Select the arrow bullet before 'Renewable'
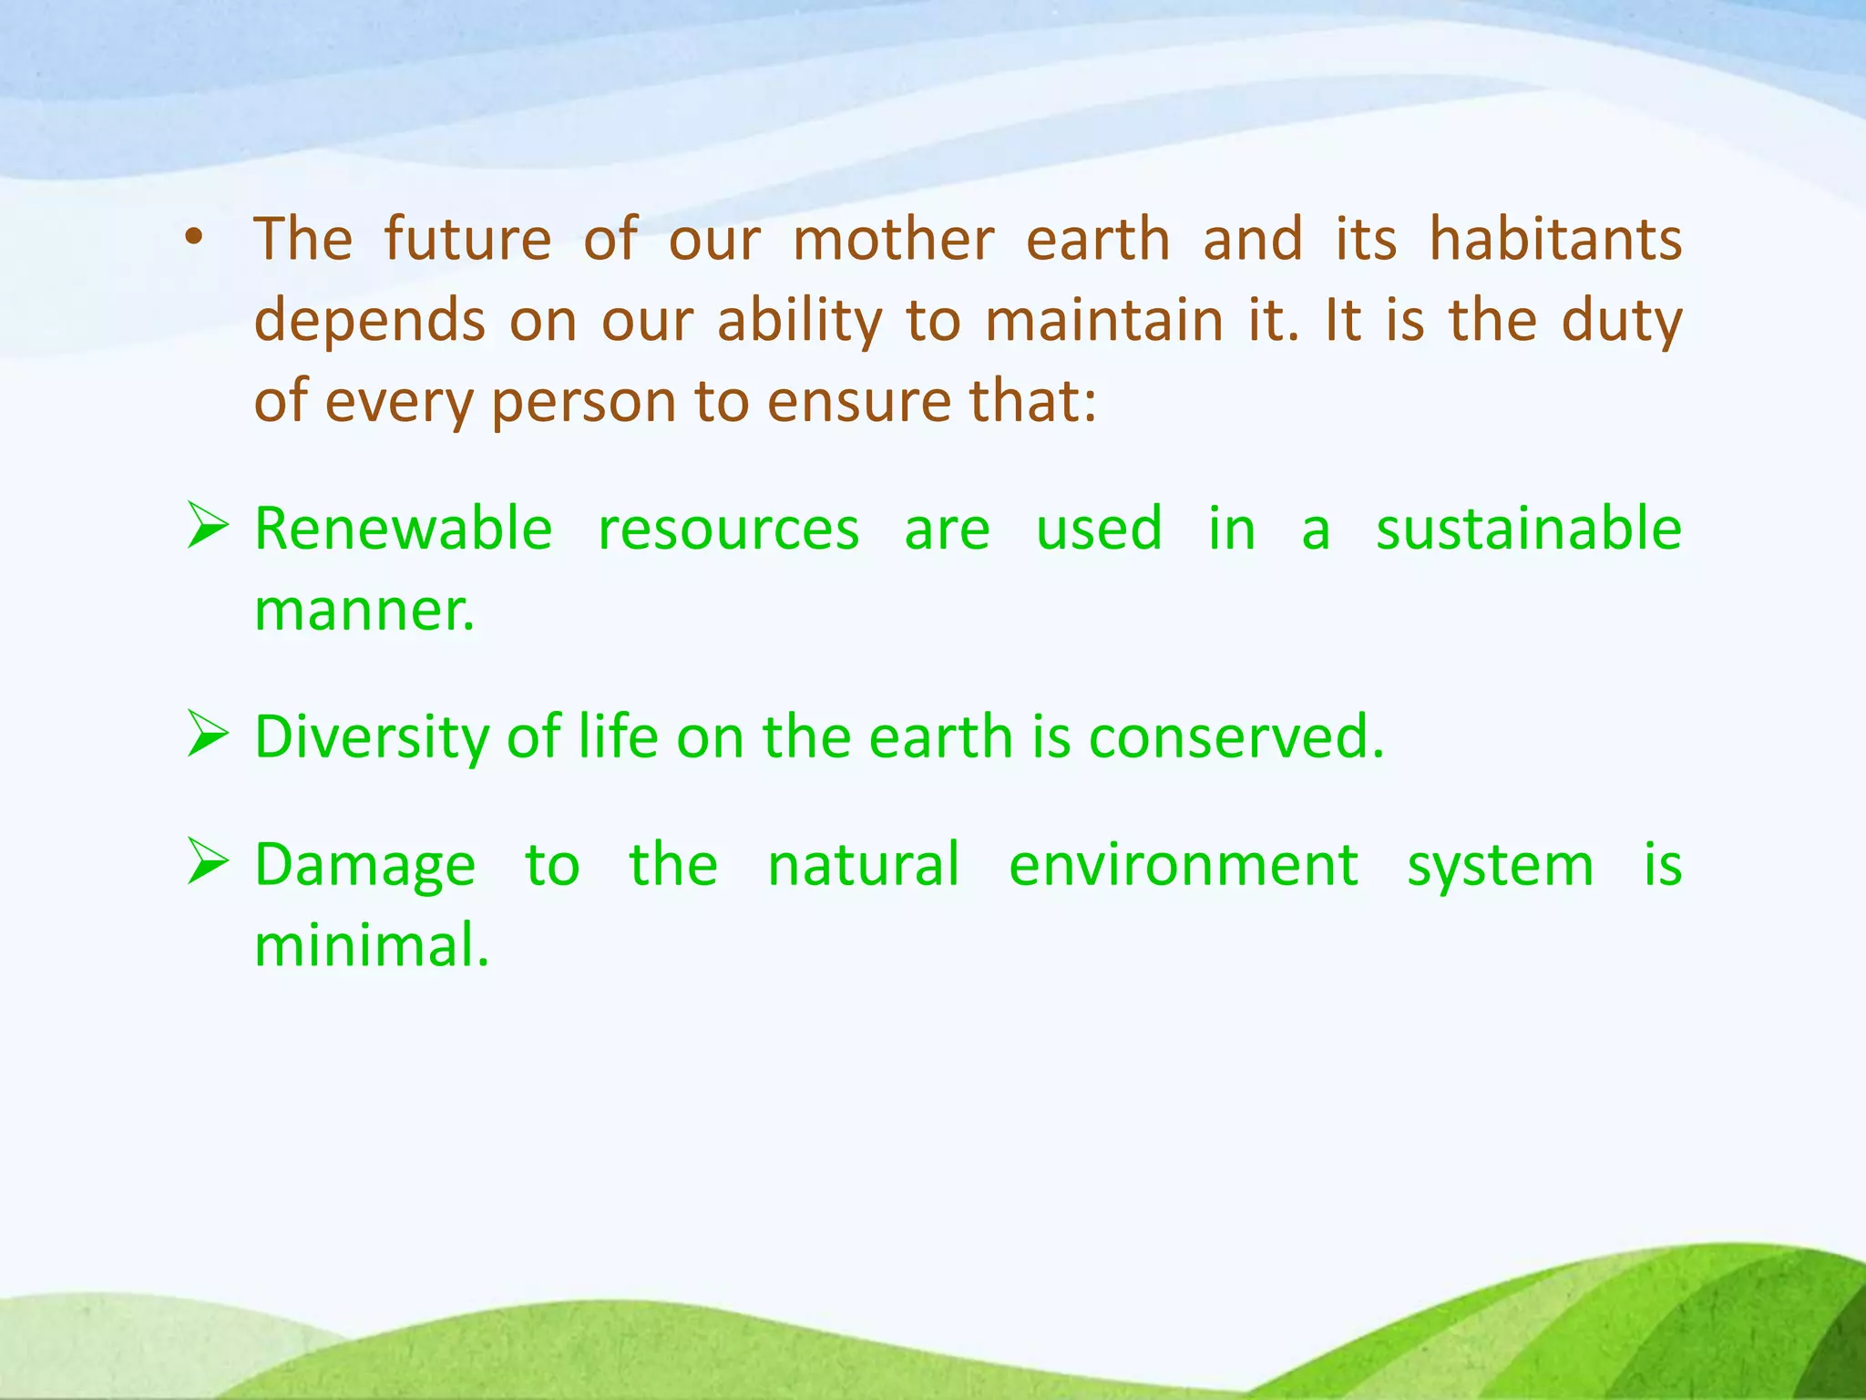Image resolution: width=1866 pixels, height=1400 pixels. click(x=208, y=526)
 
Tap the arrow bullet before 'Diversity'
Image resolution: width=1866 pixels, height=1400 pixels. click(x=208, y=735)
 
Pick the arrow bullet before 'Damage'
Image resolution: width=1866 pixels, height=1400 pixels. click(x=208, y=862)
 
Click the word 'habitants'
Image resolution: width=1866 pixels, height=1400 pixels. click(x=1555, y=239)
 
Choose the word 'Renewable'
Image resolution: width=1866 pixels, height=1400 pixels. click(x=403, y=529)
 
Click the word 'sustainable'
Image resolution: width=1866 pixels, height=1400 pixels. click(x=1528, y=529)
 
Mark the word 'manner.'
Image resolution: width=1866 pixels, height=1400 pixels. click(x=364, y=611)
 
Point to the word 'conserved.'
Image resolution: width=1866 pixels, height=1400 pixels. click(x=1236, y=736)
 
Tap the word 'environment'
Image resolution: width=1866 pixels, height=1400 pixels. click(x=1183, y=864)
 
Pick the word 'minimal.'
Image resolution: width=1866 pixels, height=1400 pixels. click(x=372, y=944)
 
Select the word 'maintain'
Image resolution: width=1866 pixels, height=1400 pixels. click(x=1104, y=321)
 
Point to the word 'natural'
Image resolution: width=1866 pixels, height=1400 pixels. click(x=863, y=864)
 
